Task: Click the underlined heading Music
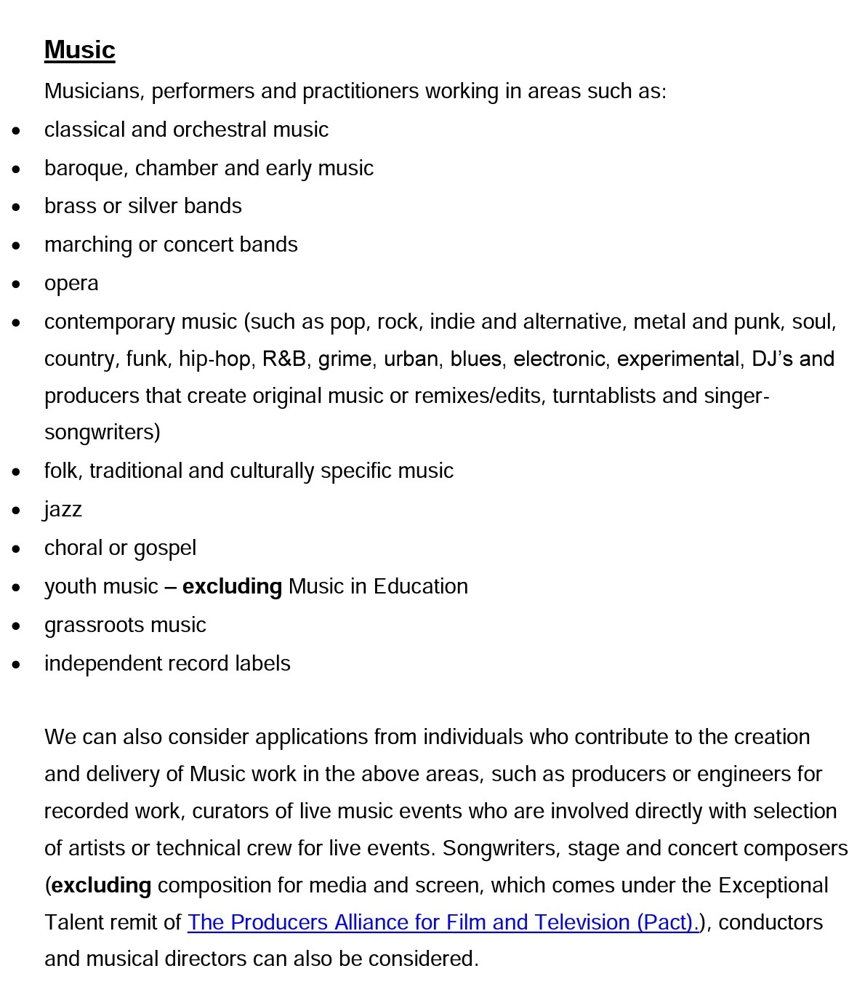pos(80,50)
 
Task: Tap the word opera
pos(71,284)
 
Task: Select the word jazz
pos(63,509)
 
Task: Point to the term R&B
pos(284,359)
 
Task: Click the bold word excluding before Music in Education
pos(232,586)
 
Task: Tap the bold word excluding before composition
pos(102,886)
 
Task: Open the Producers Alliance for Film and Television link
pos(443,922)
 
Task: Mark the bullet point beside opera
pos(17,284)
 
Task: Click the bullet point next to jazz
pos(17,510)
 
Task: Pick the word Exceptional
pos(773,886)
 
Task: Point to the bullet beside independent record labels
pos(17,664)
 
